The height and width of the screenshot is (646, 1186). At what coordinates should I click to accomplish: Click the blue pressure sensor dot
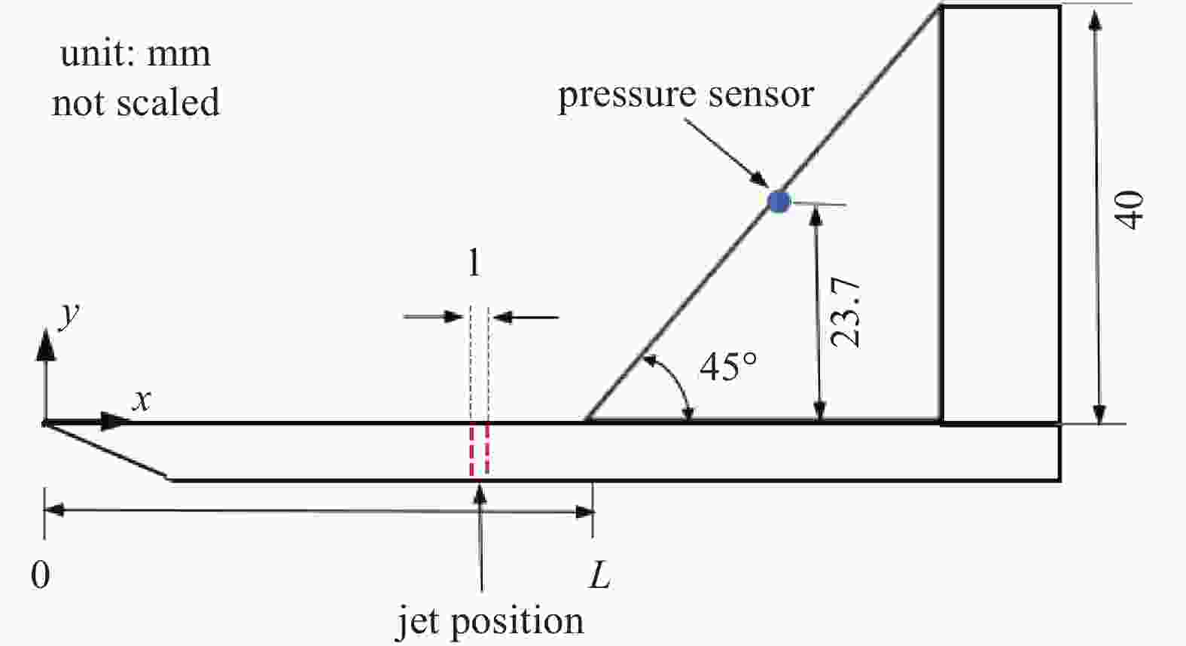tap(779, 202)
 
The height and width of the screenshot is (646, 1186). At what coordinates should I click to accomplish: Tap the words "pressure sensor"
tap(686, 95)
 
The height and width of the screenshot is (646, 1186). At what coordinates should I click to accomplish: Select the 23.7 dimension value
tap(846, 312)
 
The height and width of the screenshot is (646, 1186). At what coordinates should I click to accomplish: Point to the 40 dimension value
tap(1129, 209)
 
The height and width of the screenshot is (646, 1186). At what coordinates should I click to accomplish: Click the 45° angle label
tap(728, 367)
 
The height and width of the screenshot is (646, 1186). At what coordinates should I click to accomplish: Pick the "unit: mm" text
tap(136, 54)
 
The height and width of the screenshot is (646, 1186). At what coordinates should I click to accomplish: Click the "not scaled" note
tap(136, 102)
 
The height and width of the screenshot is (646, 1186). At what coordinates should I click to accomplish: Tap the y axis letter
tap(69, 315)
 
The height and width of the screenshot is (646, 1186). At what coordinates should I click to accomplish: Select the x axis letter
tap(142, 400)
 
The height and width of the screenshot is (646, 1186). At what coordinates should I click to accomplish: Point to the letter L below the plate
tap(600, 575)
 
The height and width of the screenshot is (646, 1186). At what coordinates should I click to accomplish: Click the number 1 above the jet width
tap(474, 263)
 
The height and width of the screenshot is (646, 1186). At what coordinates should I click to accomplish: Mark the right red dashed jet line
tap(487, 448)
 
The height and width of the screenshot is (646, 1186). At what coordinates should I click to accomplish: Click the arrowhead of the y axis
tap(46, 344)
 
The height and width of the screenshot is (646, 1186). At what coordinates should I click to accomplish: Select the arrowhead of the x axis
tap(115, 422)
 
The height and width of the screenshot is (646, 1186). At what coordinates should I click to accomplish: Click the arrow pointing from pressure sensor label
tap(727, 153)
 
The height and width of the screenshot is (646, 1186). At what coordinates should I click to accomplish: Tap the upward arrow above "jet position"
tap(480, 537)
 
